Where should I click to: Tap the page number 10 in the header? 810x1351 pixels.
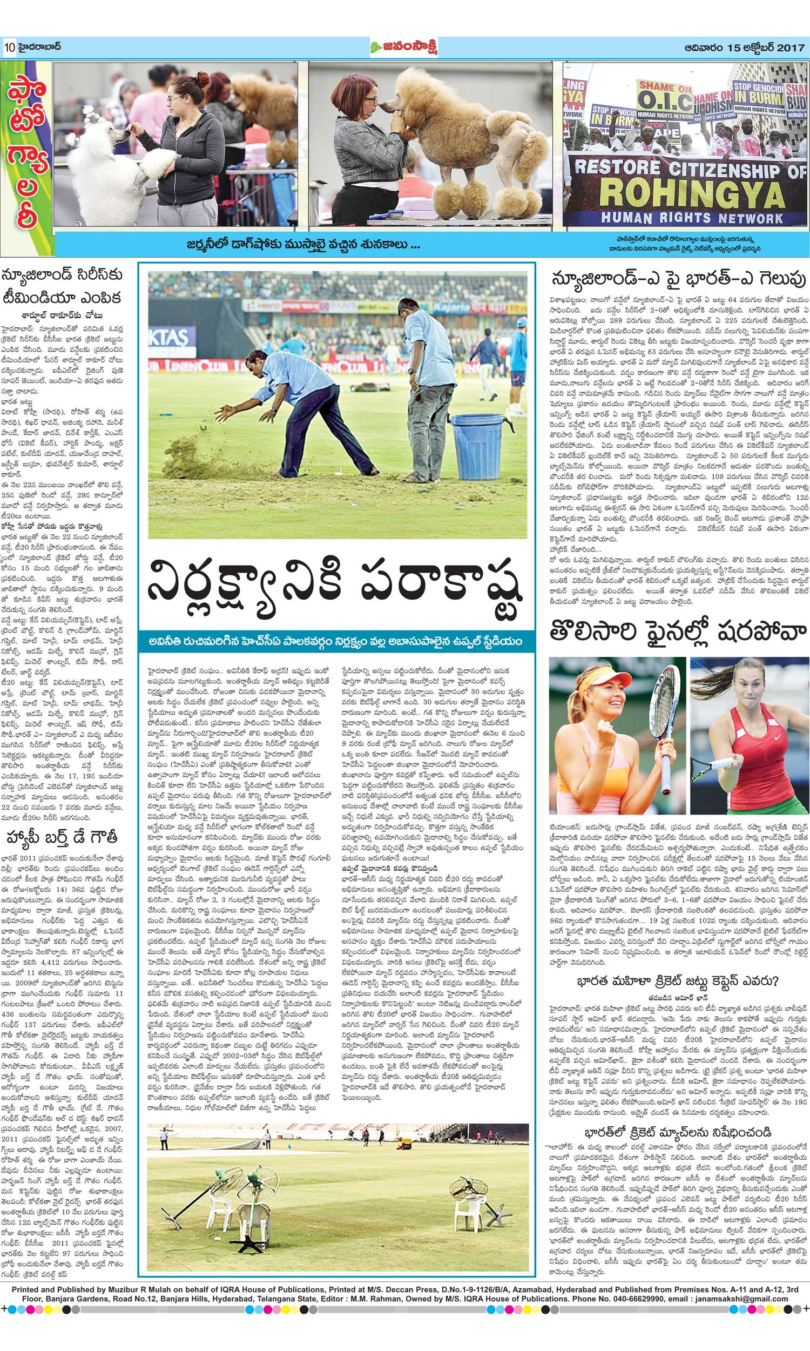click(9, 48)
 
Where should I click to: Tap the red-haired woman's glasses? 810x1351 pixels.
click(369, 100)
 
